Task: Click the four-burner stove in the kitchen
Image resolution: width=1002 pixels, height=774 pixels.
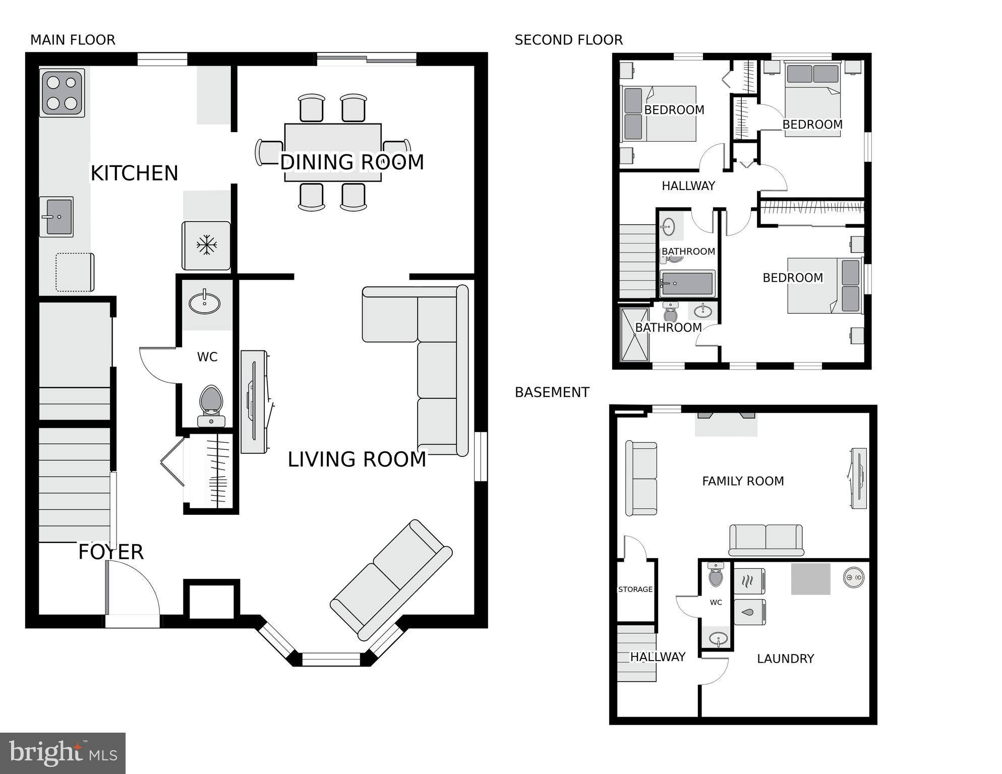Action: pos(62,93)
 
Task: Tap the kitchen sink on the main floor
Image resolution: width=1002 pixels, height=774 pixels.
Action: pos(56,217)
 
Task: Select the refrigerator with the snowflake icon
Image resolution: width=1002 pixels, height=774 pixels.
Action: pos(206,246)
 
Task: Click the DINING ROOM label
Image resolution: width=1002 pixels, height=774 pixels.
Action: pos(352,162)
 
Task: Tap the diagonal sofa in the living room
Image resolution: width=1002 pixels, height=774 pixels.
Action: pos(391,580)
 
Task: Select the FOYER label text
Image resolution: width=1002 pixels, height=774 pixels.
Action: pos(111,552)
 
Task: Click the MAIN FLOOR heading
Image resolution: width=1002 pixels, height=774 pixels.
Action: pos(73,40)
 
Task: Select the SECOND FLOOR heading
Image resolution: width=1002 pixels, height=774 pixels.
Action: pos(568,40)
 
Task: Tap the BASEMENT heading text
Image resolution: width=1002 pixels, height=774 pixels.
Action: pos(552,392)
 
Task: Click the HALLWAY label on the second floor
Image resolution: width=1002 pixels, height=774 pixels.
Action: pos(688,186)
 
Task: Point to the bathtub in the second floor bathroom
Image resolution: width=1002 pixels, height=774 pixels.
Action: pos(687,283)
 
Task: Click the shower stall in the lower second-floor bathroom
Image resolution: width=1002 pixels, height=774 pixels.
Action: pos(634,335)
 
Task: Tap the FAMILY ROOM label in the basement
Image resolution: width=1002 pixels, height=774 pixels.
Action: pos(743,481)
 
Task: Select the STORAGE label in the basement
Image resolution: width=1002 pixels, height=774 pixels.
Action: pos(635,589)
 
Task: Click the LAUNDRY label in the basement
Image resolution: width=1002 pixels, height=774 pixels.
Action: pos(785,659)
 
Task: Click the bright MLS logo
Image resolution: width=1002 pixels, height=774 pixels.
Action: pos(63,753)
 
